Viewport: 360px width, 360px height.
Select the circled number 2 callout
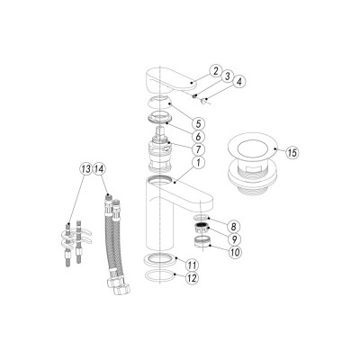[x=216, y=69]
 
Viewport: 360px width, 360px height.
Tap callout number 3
[x=228, y=77]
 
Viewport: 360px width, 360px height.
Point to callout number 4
[x=239, y=85]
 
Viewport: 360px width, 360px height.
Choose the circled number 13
[x=86, y=168]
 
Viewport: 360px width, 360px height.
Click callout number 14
[x=100, y=168]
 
